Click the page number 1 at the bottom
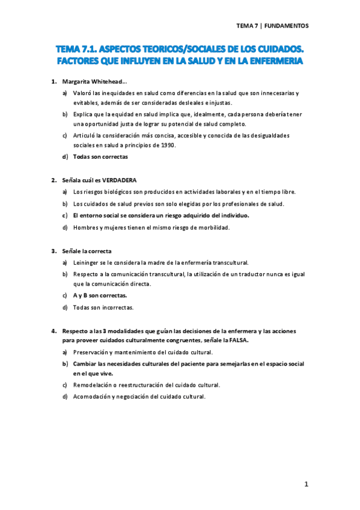[306, 484]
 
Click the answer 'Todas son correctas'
[100, 157]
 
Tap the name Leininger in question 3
[88, 263]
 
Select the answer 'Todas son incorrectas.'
[103, 307]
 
